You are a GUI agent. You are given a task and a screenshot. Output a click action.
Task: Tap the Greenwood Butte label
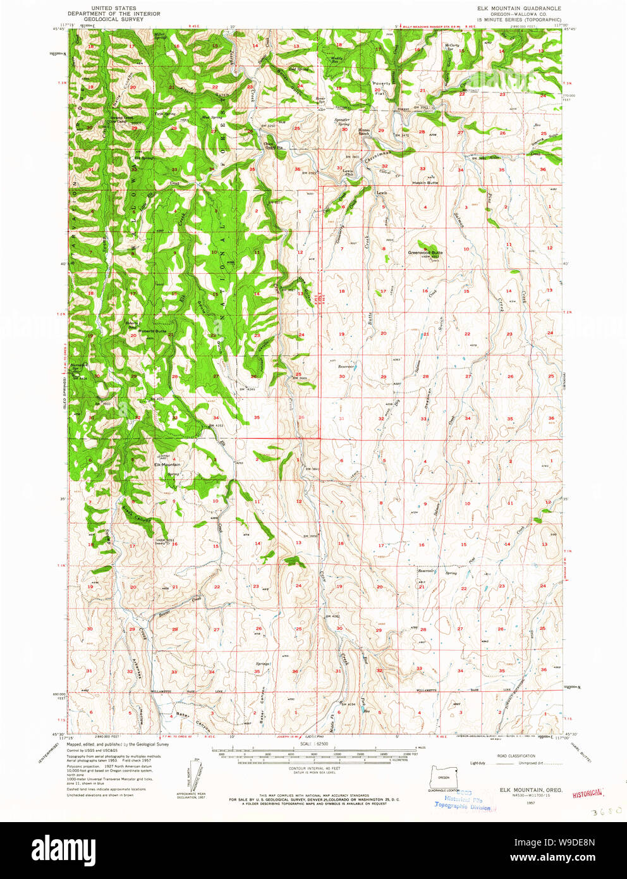coord(425,252)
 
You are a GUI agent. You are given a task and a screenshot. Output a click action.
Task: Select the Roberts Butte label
coord(152,331)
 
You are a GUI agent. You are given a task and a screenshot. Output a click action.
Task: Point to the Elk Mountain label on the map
coord(167,464)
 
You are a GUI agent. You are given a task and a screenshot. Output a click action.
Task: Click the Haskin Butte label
coord(425,182)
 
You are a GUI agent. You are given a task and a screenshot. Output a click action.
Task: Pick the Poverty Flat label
coord(381,87)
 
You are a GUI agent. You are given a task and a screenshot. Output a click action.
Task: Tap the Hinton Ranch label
coord(364,132)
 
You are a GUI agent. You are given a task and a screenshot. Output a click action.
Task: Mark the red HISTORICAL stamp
coord(587,792)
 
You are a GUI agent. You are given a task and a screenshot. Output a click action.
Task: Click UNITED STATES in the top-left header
coord(114,8)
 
